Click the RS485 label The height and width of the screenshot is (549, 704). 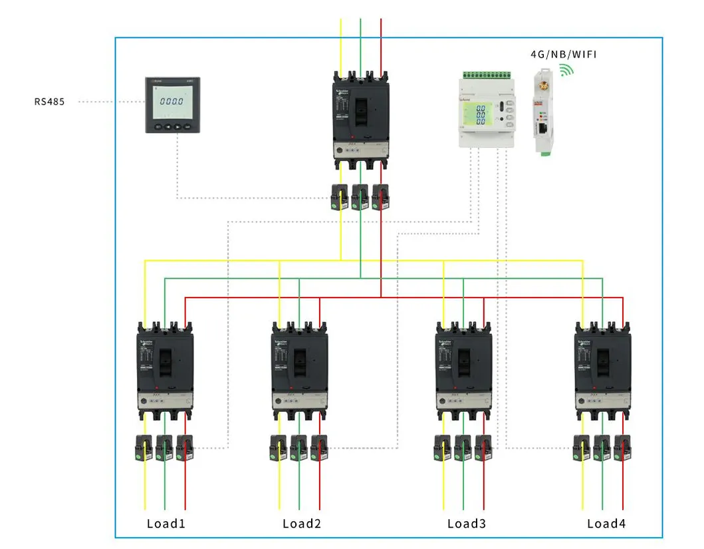[50, 102]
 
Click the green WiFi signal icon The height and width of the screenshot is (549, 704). [566, 71]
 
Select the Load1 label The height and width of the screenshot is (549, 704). [166, 524]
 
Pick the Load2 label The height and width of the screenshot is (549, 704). [302, 524]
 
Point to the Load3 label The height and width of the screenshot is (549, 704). [466, 524]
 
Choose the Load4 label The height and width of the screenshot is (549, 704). [606, 524]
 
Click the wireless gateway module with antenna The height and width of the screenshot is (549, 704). [544, 114]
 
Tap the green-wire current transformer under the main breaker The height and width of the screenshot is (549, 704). [360, 196]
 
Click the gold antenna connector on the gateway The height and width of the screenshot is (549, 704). [543, 86]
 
